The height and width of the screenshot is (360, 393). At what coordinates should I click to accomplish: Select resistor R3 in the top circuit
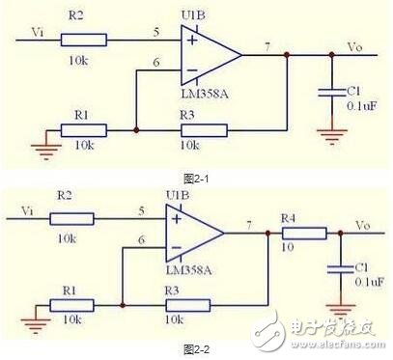[199, 128]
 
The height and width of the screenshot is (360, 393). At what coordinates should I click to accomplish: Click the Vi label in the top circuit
[38, 31]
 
